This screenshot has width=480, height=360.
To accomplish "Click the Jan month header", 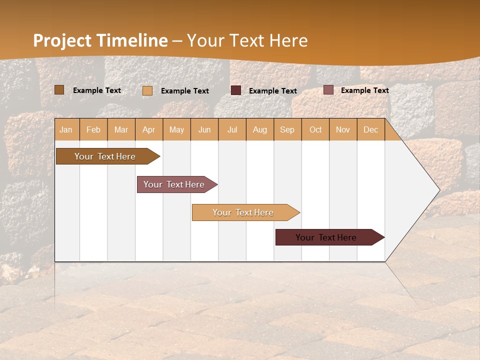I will click(x=66, y=129).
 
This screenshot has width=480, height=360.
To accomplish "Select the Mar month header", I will click(x=121, y=129).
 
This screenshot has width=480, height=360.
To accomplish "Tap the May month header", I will click(x=176, y=129).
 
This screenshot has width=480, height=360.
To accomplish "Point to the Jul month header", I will click(x=232, y=129).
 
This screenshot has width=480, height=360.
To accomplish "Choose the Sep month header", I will click(x=287, y=129).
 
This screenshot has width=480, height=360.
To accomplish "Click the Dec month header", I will click(x=370, y=129).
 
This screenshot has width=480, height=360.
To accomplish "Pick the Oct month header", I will click(x=315, y=129).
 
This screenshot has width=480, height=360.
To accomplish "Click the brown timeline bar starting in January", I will click(x=105, y=156).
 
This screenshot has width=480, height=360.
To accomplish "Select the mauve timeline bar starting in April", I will click(x=174, y=184).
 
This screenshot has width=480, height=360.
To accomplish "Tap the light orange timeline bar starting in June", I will click(x=243, y=212).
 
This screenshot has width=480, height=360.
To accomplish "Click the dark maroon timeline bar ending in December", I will click(x=326, y=237).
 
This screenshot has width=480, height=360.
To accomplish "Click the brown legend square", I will click(x=59, y=90).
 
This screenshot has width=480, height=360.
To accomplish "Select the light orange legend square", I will click(x=147, y=90).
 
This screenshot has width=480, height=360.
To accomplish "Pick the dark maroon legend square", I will click(x=236, y=90).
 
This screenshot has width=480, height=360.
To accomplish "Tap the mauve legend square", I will click(x=328, y=90).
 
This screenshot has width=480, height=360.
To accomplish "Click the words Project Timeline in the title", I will click(x=100, y=40).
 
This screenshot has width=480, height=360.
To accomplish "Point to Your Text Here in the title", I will click(x=247, y=40).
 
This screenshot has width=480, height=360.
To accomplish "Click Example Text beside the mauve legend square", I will click(x=364, y=90).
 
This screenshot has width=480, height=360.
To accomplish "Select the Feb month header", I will click(x=93, y=129).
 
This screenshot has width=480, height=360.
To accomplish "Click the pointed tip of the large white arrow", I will click(x=438, y=190).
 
